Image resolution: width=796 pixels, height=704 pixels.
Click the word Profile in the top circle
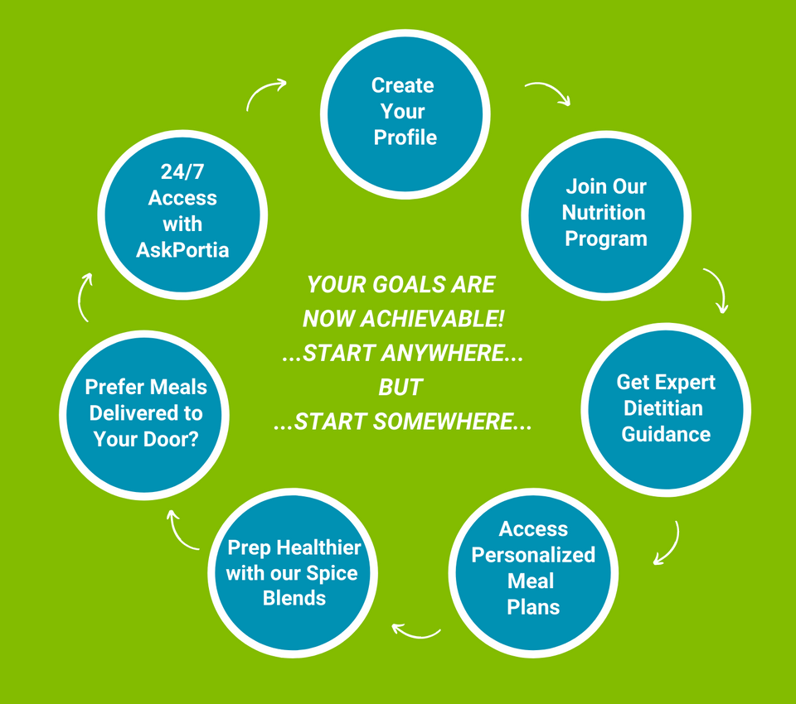click(405, 137)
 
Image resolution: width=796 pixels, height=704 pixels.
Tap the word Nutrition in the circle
click(604, 213)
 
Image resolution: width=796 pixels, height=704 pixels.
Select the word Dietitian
click(663, 408)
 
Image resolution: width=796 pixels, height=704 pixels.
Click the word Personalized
click(533, 555)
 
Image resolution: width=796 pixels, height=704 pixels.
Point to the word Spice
click(332, 574)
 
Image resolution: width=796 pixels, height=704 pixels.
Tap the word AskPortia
click(182, 250)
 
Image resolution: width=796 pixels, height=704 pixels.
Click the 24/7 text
click(182, 171)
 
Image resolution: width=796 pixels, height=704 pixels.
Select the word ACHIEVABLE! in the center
click(432, 319)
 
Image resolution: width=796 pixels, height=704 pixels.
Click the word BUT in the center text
click(400, 388)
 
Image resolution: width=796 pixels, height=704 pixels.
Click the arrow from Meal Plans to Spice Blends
click(415, 634)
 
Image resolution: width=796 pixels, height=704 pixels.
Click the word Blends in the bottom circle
click(294, 599)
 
